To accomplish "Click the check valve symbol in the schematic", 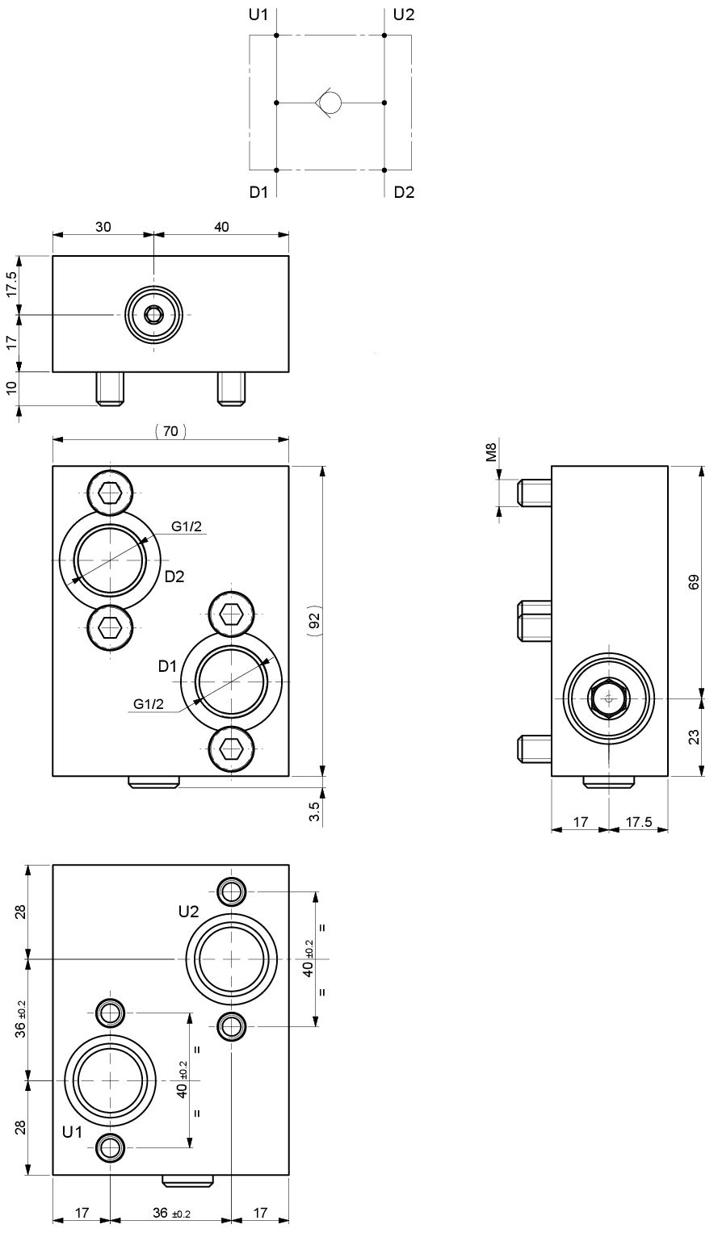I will point(329,103).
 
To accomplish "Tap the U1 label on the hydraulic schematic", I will point(259,15).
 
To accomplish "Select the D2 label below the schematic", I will point(404,192).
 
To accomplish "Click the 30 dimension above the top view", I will point(103,227).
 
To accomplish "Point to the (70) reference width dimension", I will point(170,431).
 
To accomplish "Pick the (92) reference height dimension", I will point(315,620).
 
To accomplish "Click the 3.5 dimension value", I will point(316,810).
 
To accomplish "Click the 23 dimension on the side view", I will point(694,736).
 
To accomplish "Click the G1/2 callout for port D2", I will point(186,527).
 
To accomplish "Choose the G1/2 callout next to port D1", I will point(149,704).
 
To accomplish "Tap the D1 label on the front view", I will point(167,666).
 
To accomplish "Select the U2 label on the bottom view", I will point(188,912).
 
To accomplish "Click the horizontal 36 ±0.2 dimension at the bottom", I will point(170,1214).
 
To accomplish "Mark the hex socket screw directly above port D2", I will point(109,492).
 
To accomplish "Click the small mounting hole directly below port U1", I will point(109,1146).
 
